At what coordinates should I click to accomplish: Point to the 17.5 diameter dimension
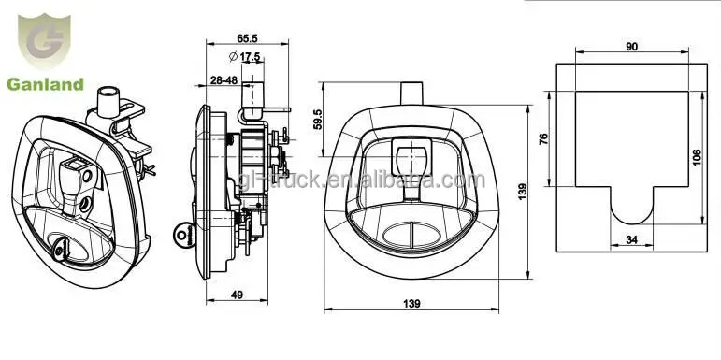tap(249, 58)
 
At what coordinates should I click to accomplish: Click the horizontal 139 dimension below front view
tap(412, 303)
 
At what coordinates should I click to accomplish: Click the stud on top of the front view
tap(411, 94)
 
